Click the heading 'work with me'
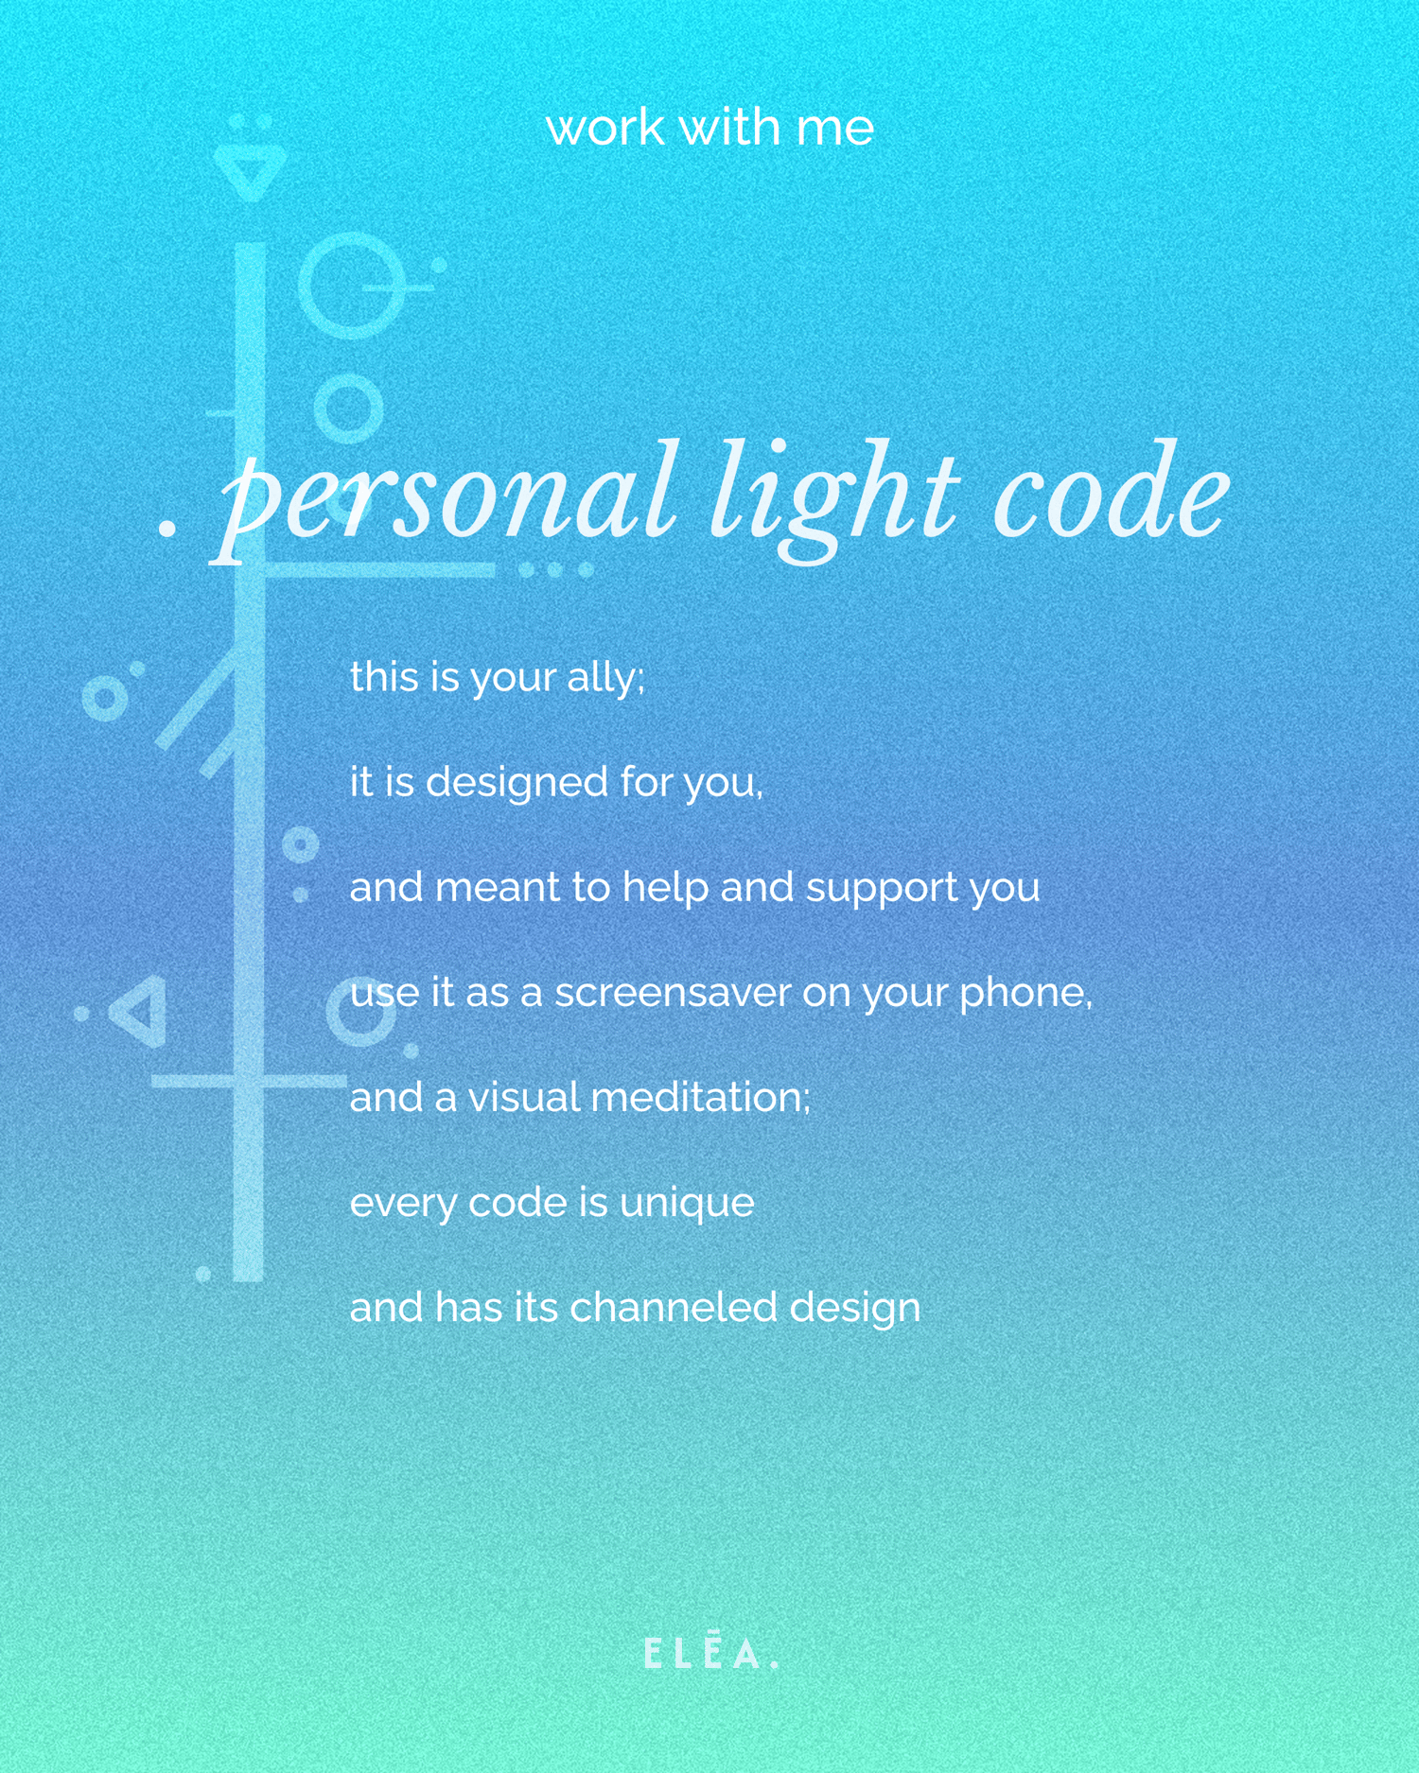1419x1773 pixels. (x=709, y=127)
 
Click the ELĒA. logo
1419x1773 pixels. (x=710, y=1654)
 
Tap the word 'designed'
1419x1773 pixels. (x=517, y=782)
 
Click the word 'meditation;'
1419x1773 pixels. (x=700, y=1097)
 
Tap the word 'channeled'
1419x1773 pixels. (x=673, y=1307)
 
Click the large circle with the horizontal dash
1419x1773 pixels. (x=351, y=286)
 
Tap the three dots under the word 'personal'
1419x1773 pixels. (x=555, y=570)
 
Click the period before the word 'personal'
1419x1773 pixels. (x=167, y=530)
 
